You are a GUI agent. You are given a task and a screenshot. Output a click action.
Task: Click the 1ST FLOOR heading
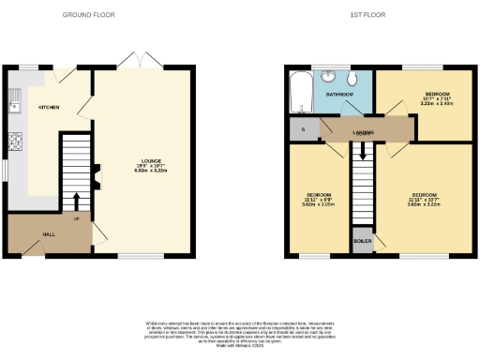[362, 15]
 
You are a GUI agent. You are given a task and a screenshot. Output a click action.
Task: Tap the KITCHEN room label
[49, 108]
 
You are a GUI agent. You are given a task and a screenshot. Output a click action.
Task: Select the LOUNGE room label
[143, 161]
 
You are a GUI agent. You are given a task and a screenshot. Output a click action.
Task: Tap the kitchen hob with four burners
[15, 143]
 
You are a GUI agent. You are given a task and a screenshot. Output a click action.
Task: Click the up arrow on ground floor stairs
[76, 200]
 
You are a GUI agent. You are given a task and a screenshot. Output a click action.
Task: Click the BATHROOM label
[339, 95]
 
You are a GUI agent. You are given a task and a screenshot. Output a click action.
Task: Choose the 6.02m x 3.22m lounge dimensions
[143, 172]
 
